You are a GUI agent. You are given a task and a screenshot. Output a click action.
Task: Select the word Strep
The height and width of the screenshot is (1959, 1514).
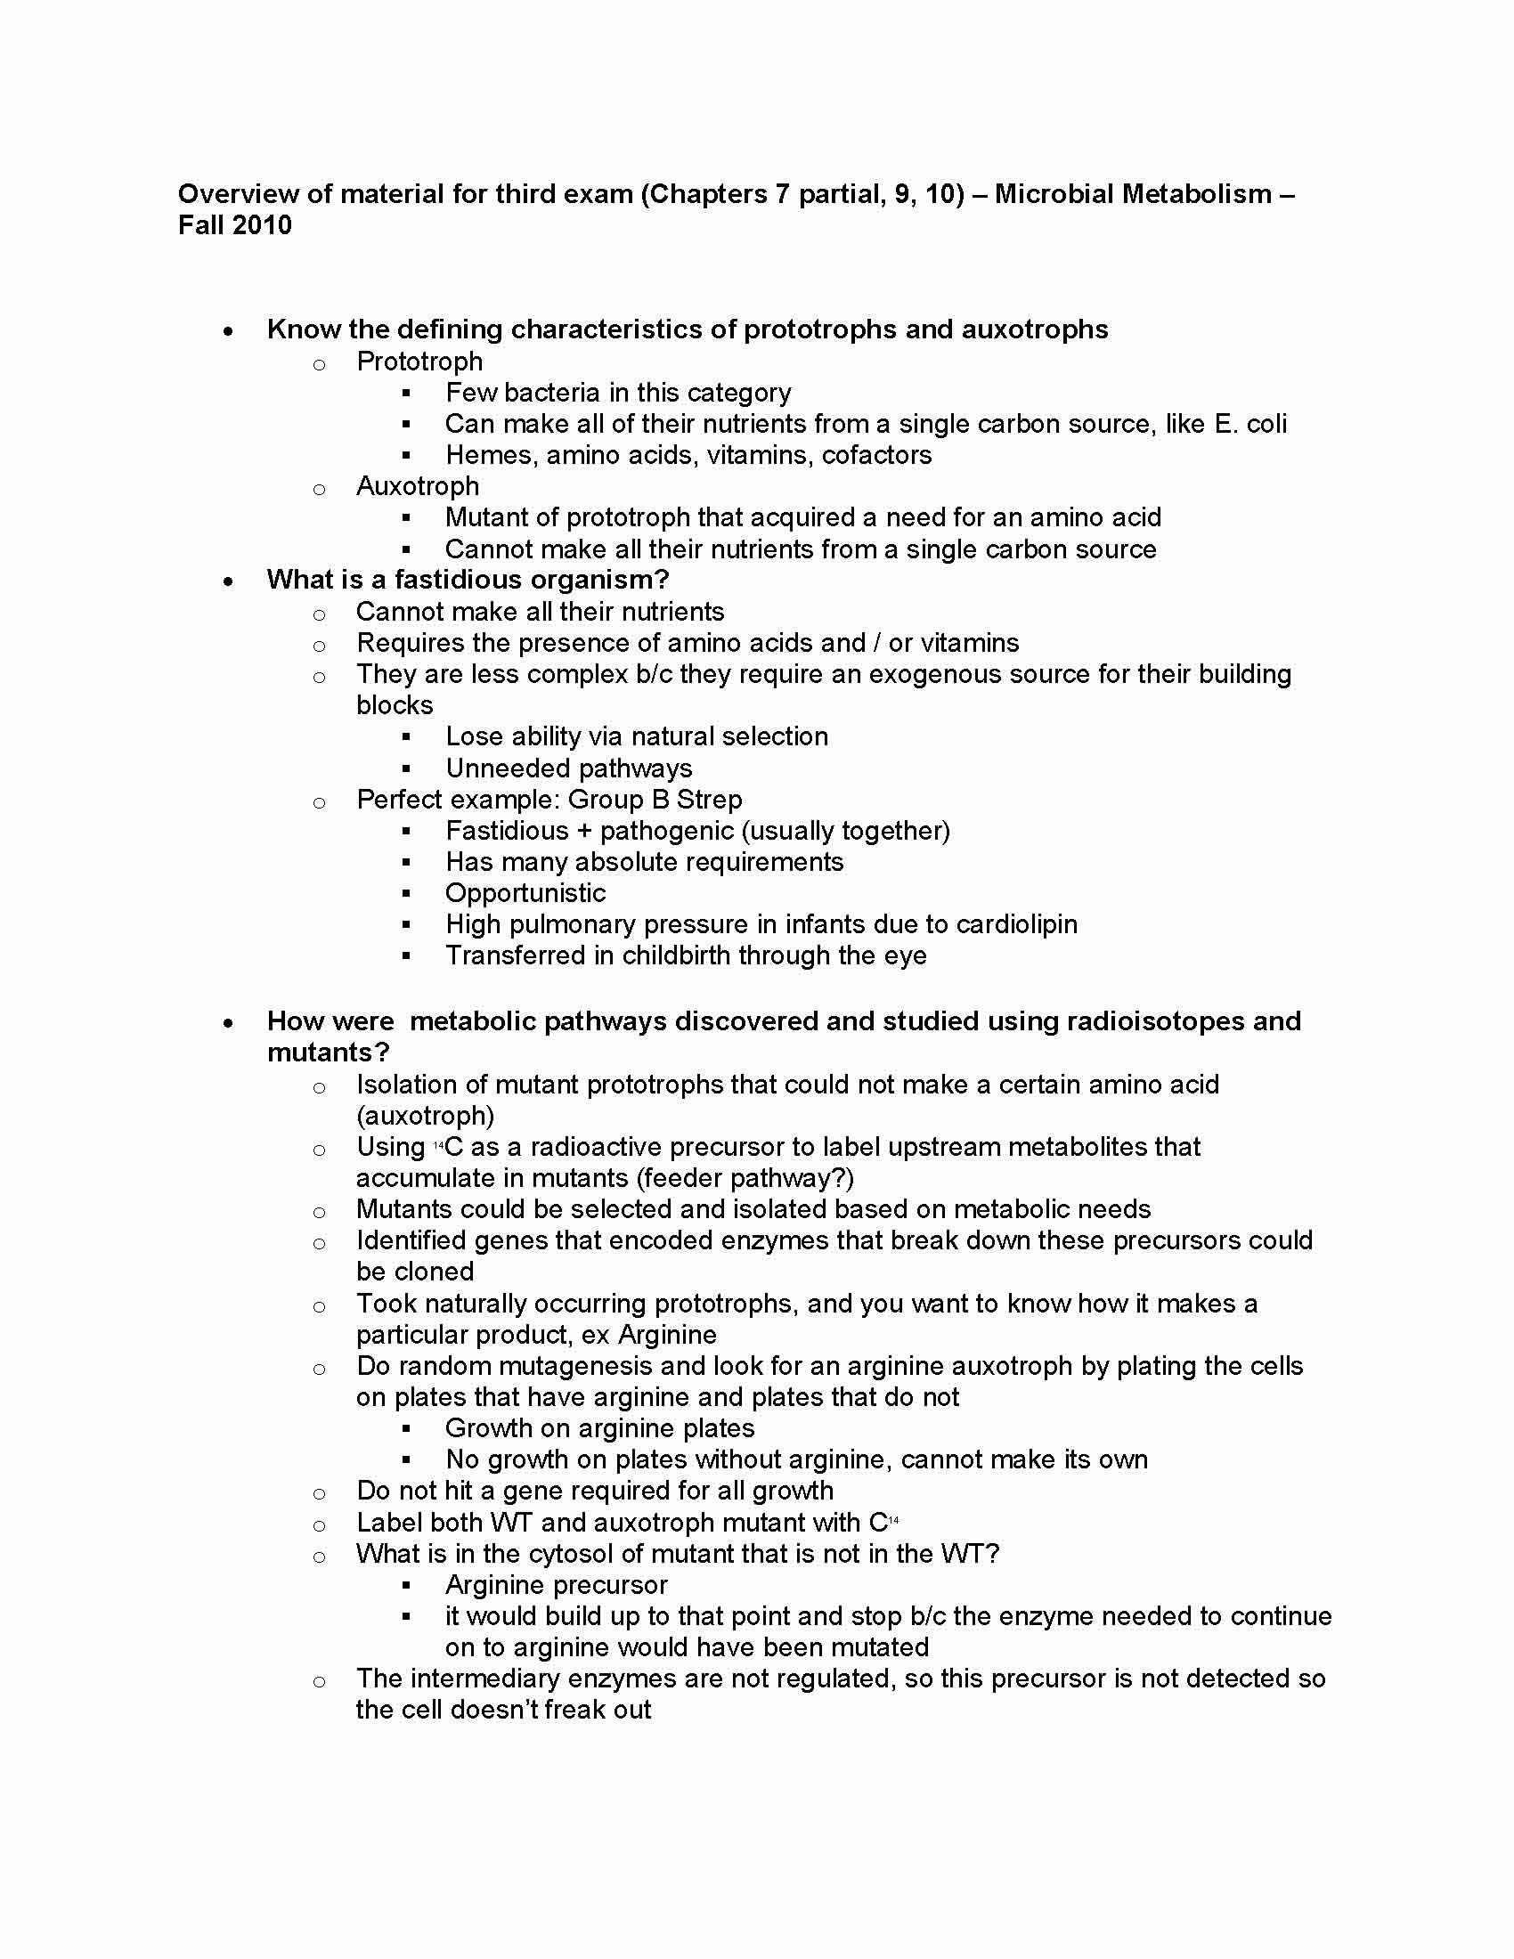(x=709, y=800)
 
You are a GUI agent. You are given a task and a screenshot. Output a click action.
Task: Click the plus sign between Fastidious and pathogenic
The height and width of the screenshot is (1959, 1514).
(x=584, y=831)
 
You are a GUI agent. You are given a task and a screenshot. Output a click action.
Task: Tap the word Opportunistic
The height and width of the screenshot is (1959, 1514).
(x=525, y=893)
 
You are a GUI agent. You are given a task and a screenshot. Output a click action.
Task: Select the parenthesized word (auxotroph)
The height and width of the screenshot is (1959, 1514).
(x=425, y=1115)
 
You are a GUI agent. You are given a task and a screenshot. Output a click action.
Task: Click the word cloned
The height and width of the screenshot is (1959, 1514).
(x=435, y=1271)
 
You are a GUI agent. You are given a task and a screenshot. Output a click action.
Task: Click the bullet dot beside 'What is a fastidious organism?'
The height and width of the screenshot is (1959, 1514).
(x=230, y=581)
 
